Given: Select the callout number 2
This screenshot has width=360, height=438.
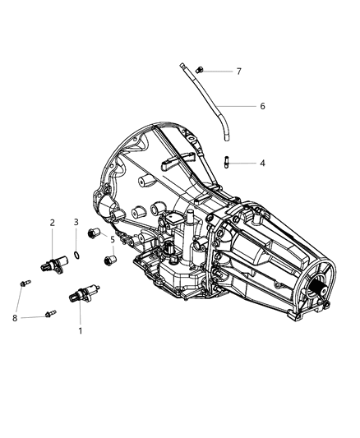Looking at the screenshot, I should click(52, 223).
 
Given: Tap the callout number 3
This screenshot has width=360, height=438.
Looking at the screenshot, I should click(76, 223).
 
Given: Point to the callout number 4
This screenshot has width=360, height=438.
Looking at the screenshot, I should click(262, 164).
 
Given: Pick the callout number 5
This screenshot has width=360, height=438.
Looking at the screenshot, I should click(113, 241).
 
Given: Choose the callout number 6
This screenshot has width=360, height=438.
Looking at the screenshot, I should click(262, 106).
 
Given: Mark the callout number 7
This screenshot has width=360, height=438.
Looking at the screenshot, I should click(239, 71).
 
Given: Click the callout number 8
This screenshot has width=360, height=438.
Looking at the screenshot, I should click(15, 317).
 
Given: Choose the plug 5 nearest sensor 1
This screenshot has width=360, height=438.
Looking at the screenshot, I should click(108, 262).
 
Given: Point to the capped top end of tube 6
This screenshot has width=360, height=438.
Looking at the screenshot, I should click(179, 63).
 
